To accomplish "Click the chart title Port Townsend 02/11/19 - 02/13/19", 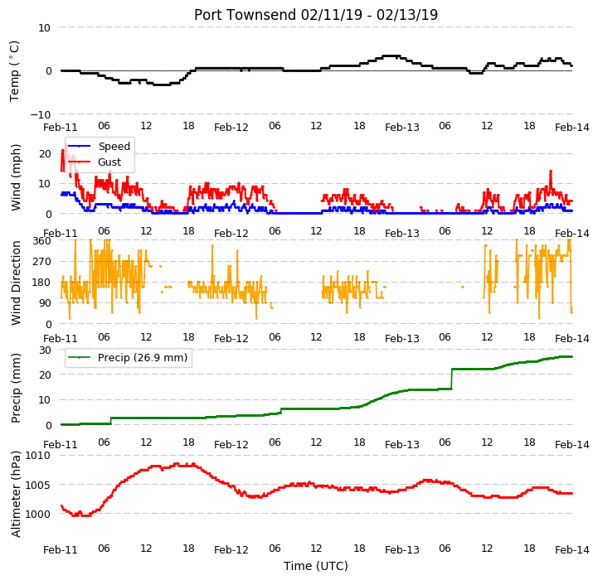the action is pyautogui.click(x=316, y=15).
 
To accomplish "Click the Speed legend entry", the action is pyautogui.click(x=100, y=147).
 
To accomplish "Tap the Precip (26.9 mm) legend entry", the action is pyautogui.click(x=128, y=357).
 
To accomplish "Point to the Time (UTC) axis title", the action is pyautogui.click(x=316, y=566).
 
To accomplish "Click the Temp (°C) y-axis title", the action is pyautogui.click(x=14, y=71).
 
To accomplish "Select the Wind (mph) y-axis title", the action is pyautogui.click(x=15, y=177).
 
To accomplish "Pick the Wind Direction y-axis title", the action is pyautogui.click(x=15, y=283).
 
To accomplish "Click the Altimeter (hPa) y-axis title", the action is pyautogui.click(x=15, y=494).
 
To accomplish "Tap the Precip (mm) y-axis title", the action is pyautogui.click(x=15, y=388).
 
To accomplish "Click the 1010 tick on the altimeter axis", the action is pyautogui.click(x=37, y=456).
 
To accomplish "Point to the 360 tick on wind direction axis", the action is pyautogui.click(x=42, y=241).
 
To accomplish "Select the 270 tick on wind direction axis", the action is pyautogui.click(x=42, y=262).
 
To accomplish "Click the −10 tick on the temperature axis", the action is pyautogui.click(x=41, y=114).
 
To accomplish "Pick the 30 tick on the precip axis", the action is pyautogui.click(x=45, y=350).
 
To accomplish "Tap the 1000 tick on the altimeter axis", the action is pyautogui.click(x=37, y=514).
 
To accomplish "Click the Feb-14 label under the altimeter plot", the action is pyautogui.click(x=572, y=550).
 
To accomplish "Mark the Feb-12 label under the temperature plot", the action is pyautogui.click(x=231, y=128).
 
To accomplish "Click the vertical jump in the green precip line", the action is pyautogui.click(x=452, y=379).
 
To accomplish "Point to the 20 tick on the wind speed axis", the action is pyautogui.click(x=45, y=154).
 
